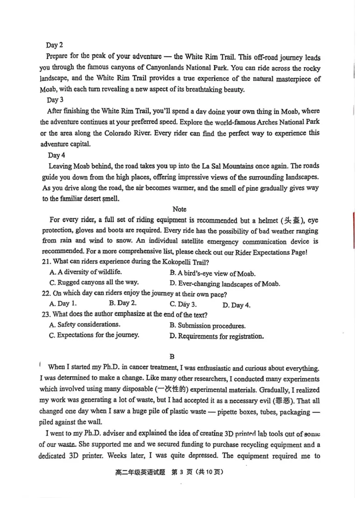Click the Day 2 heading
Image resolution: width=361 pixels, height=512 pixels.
(54, 45)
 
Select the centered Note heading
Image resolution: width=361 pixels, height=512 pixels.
(179, 209)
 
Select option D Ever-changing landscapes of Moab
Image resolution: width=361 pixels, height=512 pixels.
(225, 284)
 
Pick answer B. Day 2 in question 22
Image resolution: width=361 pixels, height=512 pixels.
(123, 304)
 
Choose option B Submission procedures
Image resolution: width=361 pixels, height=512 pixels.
(208, 325)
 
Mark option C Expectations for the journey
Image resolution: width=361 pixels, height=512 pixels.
(94, 335)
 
